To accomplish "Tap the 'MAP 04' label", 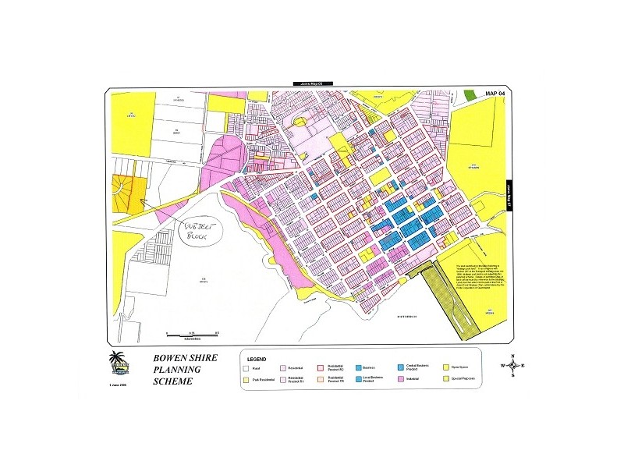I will (496, 93).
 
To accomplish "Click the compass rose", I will (514, 365).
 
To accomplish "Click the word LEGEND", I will (257, 356).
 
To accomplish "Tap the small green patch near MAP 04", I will (470, 94).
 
